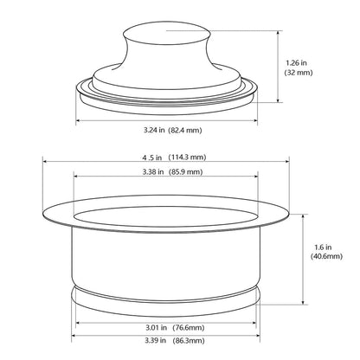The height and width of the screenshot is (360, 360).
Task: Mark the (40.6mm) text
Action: point(327,257)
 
